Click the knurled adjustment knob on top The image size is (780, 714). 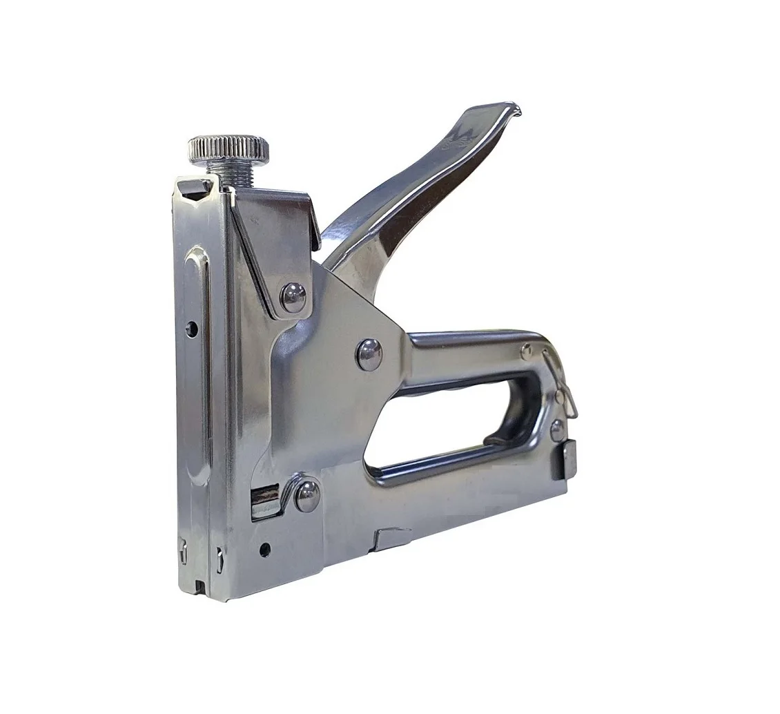(x=229, y=148)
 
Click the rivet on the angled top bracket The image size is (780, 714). (x=293, y=297)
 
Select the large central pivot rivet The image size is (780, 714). (x=369, y=354)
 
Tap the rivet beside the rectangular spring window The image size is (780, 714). (x=306, y=494)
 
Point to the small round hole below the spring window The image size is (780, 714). (x=264, y=550)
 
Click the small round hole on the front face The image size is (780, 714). (x=192, y=328)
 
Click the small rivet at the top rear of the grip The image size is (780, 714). (x=527, y=350)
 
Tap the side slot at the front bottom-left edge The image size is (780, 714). (x=183, y=552)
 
